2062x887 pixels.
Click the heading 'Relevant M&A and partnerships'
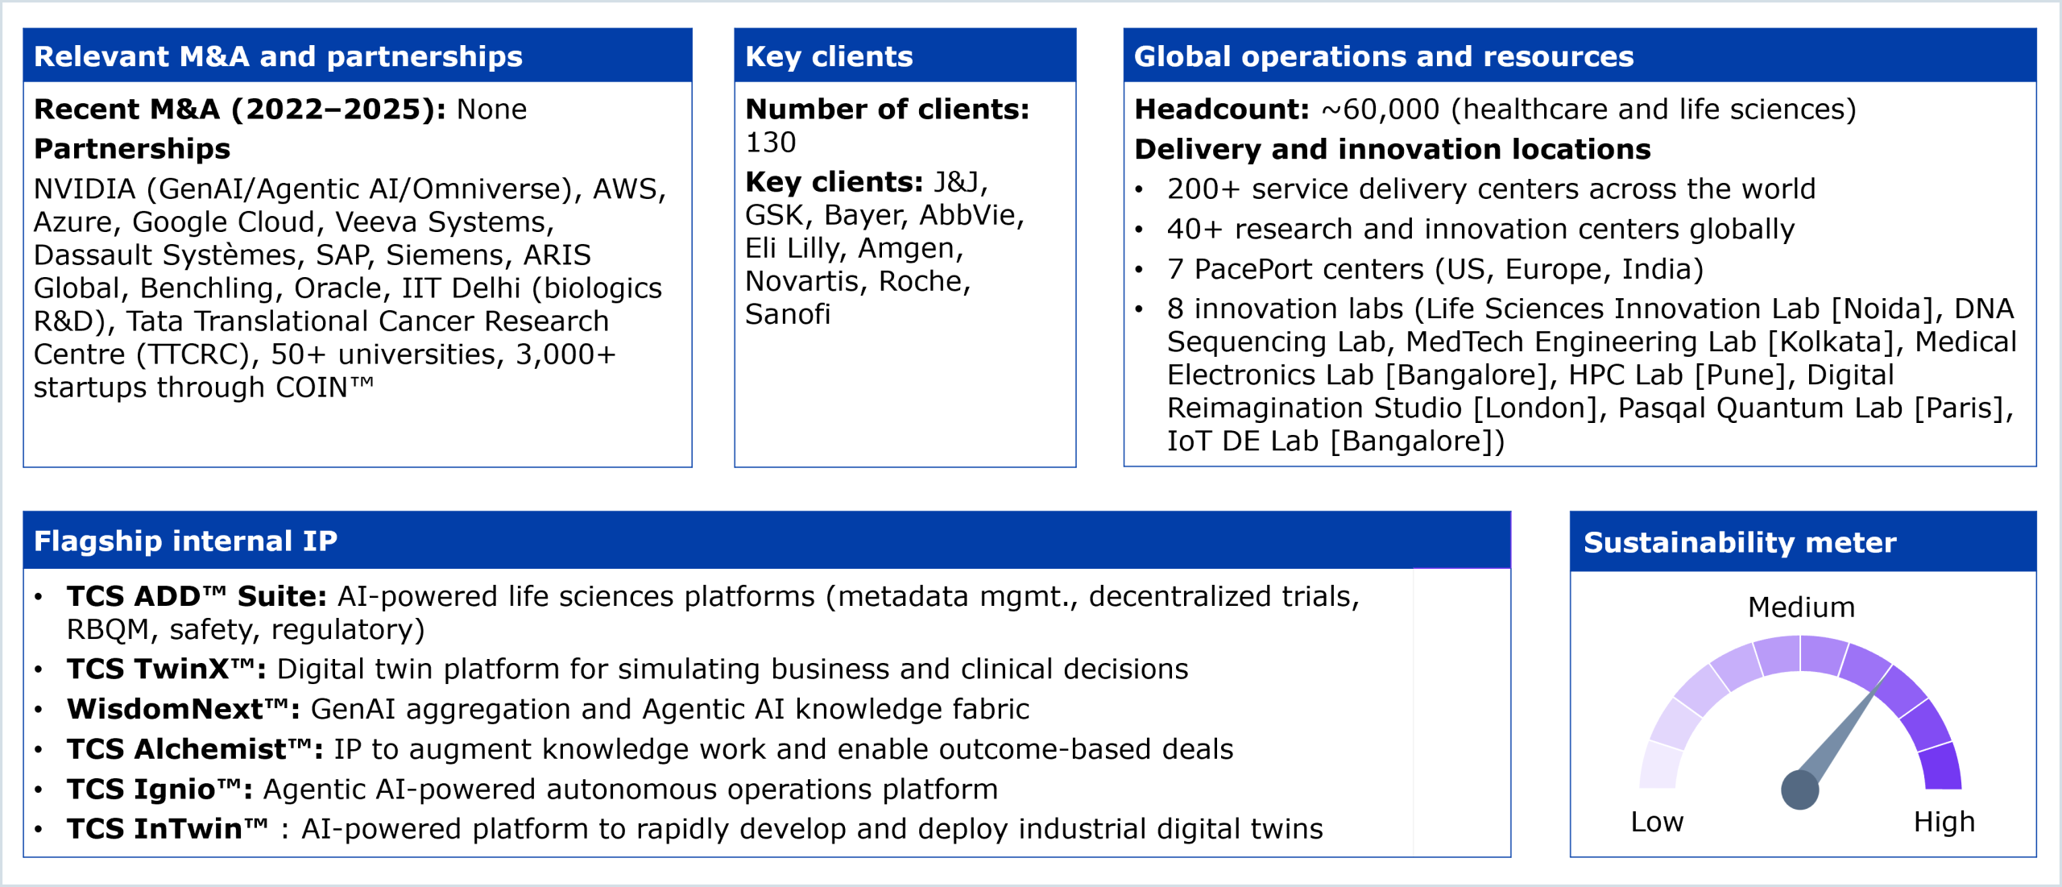point(278,56)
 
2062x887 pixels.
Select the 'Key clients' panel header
point(829,56)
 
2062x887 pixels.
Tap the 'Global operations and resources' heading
point(1383,56)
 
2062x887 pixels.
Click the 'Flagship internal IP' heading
point(185,541)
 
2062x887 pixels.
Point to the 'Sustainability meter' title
point(1740,542)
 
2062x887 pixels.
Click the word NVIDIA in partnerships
point(85,189)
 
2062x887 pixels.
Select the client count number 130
point(770,143)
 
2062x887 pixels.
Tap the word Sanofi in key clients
point(787,314)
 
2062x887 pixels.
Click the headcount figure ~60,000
point(1380,110)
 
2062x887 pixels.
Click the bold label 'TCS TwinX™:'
point(167,669)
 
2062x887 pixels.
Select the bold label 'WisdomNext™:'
point(184,709)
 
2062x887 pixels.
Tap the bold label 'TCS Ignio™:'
point(159,789)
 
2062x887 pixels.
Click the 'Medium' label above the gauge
point(1801,607)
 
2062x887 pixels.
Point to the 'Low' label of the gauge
point(1657,822)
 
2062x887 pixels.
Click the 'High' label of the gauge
point(1944,822)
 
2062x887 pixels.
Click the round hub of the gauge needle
point(1799,790)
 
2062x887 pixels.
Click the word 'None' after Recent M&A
point(491,110)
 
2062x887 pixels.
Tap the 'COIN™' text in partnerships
point(324,387)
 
